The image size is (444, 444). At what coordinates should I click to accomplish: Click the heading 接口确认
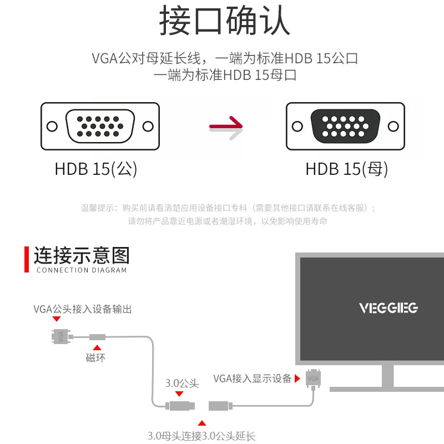[x=224, y=22]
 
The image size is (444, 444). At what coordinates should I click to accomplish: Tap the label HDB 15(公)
[x=95, y=169]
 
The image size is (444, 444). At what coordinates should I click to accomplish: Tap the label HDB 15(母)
[x=347, y=169]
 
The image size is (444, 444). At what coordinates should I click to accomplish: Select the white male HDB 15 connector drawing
[x=100, y=126]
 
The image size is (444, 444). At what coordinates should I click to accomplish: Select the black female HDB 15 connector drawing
[x=345, y=126]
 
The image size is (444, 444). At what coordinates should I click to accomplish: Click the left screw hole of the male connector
[x=52, y=127]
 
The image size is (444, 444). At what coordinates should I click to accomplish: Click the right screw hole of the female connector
[x=393, y=126]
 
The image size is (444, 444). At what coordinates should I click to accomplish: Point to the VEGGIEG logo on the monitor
[x=388, y=307]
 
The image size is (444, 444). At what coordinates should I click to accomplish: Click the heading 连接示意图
[x=82, y=256]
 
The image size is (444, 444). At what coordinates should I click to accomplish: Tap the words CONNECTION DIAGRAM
[x=82, y=270]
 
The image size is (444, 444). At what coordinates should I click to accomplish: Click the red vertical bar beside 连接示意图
[x=26, y=260]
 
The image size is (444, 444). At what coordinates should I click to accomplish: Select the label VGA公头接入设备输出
[x=83, y=309]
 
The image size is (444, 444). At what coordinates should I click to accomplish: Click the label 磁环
[x=95, y=358]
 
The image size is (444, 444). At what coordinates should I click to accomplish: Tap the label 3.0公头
[x=181, y=383]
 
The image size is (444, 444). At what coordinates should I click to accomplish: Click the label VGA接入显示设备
[x=253, y=379]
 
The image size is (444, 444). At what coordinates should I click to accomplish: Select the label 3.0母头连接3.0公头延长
[x=201, y=436]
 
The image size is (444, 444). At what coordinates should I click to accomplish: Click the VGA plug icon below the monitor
[x=313, y=378]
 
